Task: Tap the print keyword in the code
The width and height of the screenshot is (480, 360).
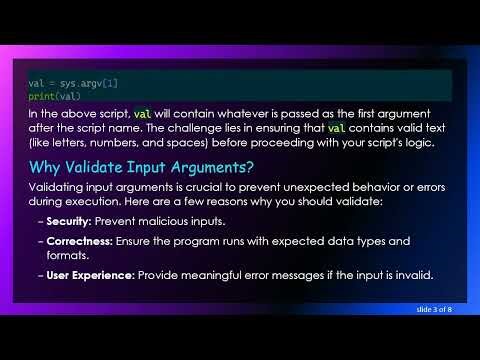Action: click(40, 96)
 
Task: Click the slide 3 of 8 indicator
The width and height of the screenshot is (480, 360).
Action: click(434, 311)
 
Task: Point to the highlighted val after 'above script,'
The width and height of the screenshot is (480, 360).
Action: click(143, 113)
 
